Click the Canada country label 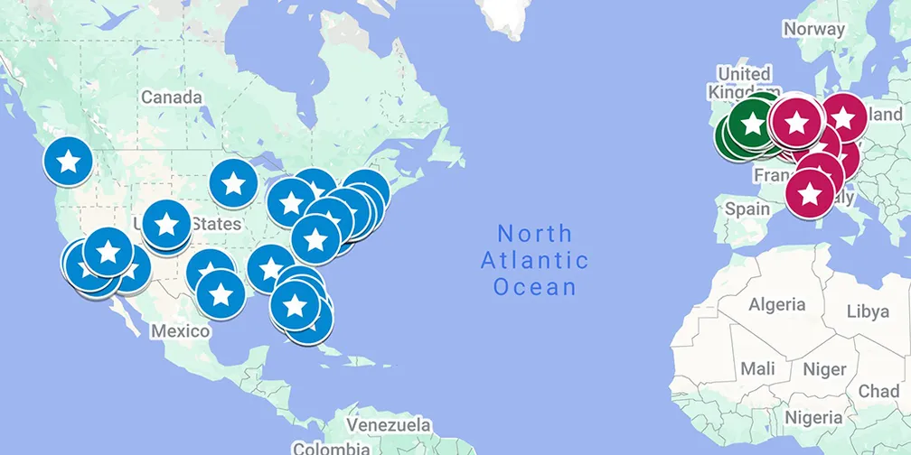(169, 97)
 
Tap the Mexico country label (180, 330)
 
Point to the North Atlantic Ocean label (534, 260)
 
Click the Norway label (813, 29)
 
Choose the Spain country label (747, 208)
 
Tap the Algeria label (776, 305)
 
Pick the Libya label (867, 311)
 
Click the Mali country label (757, 368)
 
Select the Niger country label (824, 368)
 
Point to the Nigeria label (813, 417)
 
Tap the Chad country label (878, 391)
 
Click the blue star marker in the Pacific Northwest (69, 162)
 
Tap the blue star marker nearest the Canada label (233, 183)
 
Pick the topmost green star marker (753, 117)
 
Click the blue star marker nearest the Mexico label (221, 293)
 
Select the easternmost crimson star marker (842, 118)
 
